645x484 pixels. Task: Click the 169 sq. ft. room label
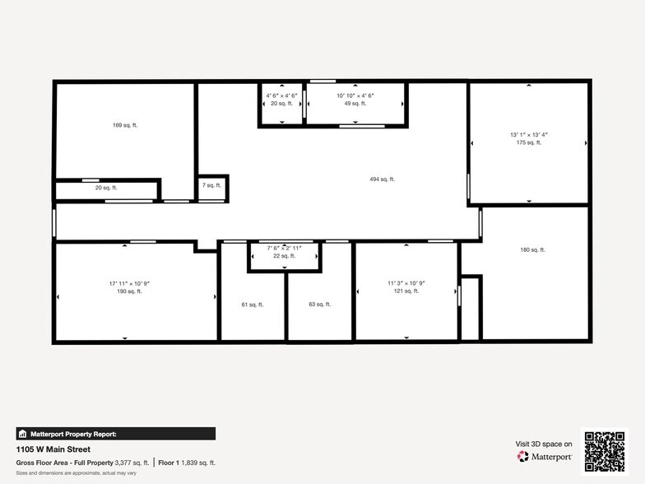(x=123, y=125)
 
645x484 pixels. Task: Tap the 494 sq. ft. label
(x=382, y=179)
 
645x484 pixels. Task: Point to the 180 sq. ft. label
(x=532, y=249)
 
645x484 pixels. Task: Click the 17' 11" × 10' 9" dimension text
(x=129, y=283)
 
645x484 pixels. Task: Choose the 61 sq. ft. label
(x=252, y=305)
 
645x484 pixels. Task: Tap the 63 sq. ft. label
(x=319, y=304)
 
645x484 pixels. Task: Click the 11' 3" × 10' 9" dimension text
(x=406, y=283)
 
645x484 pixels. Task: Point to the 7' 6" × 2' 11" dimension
(x=283, y=248)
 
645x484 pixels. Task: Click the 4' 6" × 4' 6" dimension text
(x=281, y=95)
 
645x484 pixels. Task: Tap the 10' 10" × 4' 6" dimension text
(x=355, y=95)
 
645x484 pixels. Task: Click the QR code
(x=605, y=450)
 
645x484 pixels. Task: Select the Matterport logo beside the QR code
(x=545, y=456)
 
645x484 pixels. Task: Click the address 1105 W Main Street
(x=53, y=449)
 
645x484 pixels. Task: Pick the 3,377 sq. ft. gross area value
(x=132, y=463)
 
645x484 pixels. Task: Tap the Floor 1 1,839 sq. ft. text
(x=187, y=463)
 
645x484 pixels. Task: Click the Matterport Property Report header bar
(x=116, y=433)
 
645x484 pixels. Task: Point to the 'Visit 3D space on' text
(x=544, y=444)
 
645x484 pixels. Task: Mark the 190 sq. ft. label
(x=129, y=291)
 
